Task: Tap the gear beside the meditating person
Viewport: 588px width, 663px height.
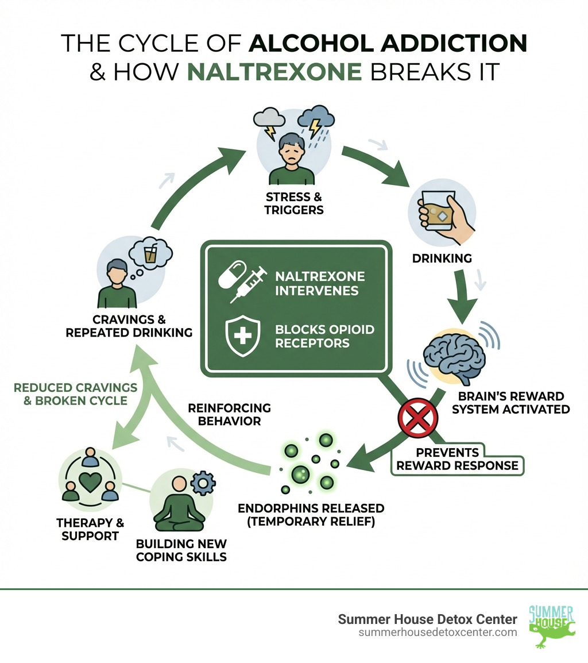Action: pyautogui.click(x=202, y=484)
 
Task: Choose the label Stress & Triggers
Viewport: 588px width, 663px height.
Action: pyautogui.click(x=293, y=204)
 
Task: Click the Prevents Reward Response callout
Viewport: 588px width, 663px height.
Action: pyautogui.click(x=457, y=458)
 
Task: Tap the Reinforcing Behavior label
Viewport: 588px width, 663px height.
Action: pyautogui.click(x=229, y=414)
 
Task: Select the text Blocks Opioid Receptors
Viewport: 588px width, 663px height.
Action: pyautogui.click(x=324, y=336)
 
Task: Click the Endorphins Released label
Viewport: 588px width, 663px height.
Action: pyautogui.click(x=311, y=515)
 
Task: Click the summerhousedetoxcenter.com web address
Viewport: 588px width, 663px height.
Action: pyautogui.click(x=438, y=632)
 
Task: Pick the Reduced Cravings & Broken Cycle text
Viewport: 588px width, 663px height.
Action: pyautogui.click(x=75, y=394)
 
